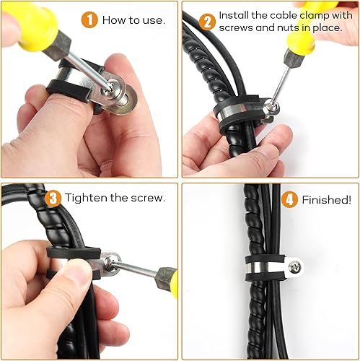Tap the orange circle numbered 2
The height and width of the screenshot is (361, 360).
coord(207,22)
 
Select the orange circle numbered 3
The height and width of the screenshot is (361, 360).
coord(53,197)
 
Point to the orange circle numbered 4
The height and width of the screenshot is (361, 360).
coord(289,199)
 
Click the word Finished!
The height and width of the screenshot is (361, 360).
coord(327,199)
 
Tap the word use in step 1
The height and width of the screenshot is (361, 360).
coord(152,19)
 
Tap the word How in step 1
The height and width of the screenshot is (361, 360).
coord(114,19)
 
